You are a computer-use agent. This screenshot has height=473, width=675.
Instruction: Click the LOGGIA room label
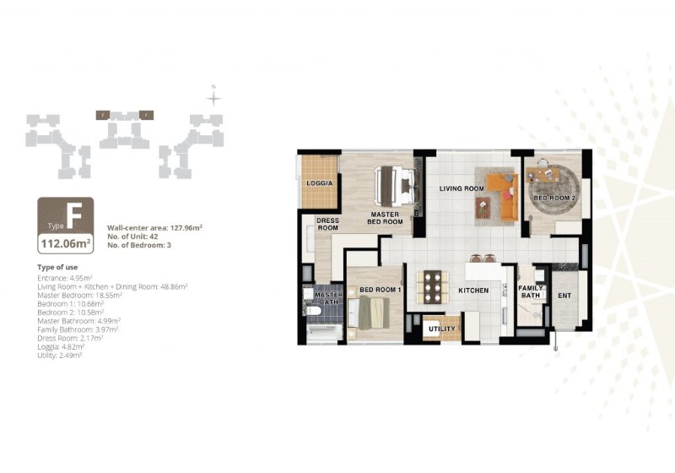coord(319,182)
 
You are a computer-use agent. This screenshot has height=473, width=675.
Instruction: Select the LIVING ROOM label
coord(461,188)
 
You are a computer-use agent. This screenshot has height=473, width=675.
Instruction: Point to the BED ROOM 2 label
coord(553,198)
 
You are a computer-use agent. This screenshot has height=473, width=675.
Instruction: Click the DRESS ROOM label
coord(327,224)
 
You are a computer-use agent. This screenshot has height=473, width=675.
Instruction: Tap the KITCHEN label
coord(473,290)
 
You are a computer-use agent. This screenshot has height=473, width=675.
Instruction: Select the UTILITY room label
coord(442,329)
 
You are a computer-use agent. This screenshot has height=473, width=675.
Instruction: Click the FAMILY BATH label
coord(531,291)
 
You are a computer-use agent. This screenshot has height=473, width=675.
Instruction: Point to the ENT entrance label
coord(564,295)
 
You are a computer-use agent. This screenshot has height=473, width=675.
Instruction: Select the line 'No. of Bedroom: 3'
coord(141,246)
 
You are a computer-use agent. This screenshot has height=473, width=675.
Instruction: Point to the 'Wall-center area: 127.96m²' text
coord(154,228)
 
